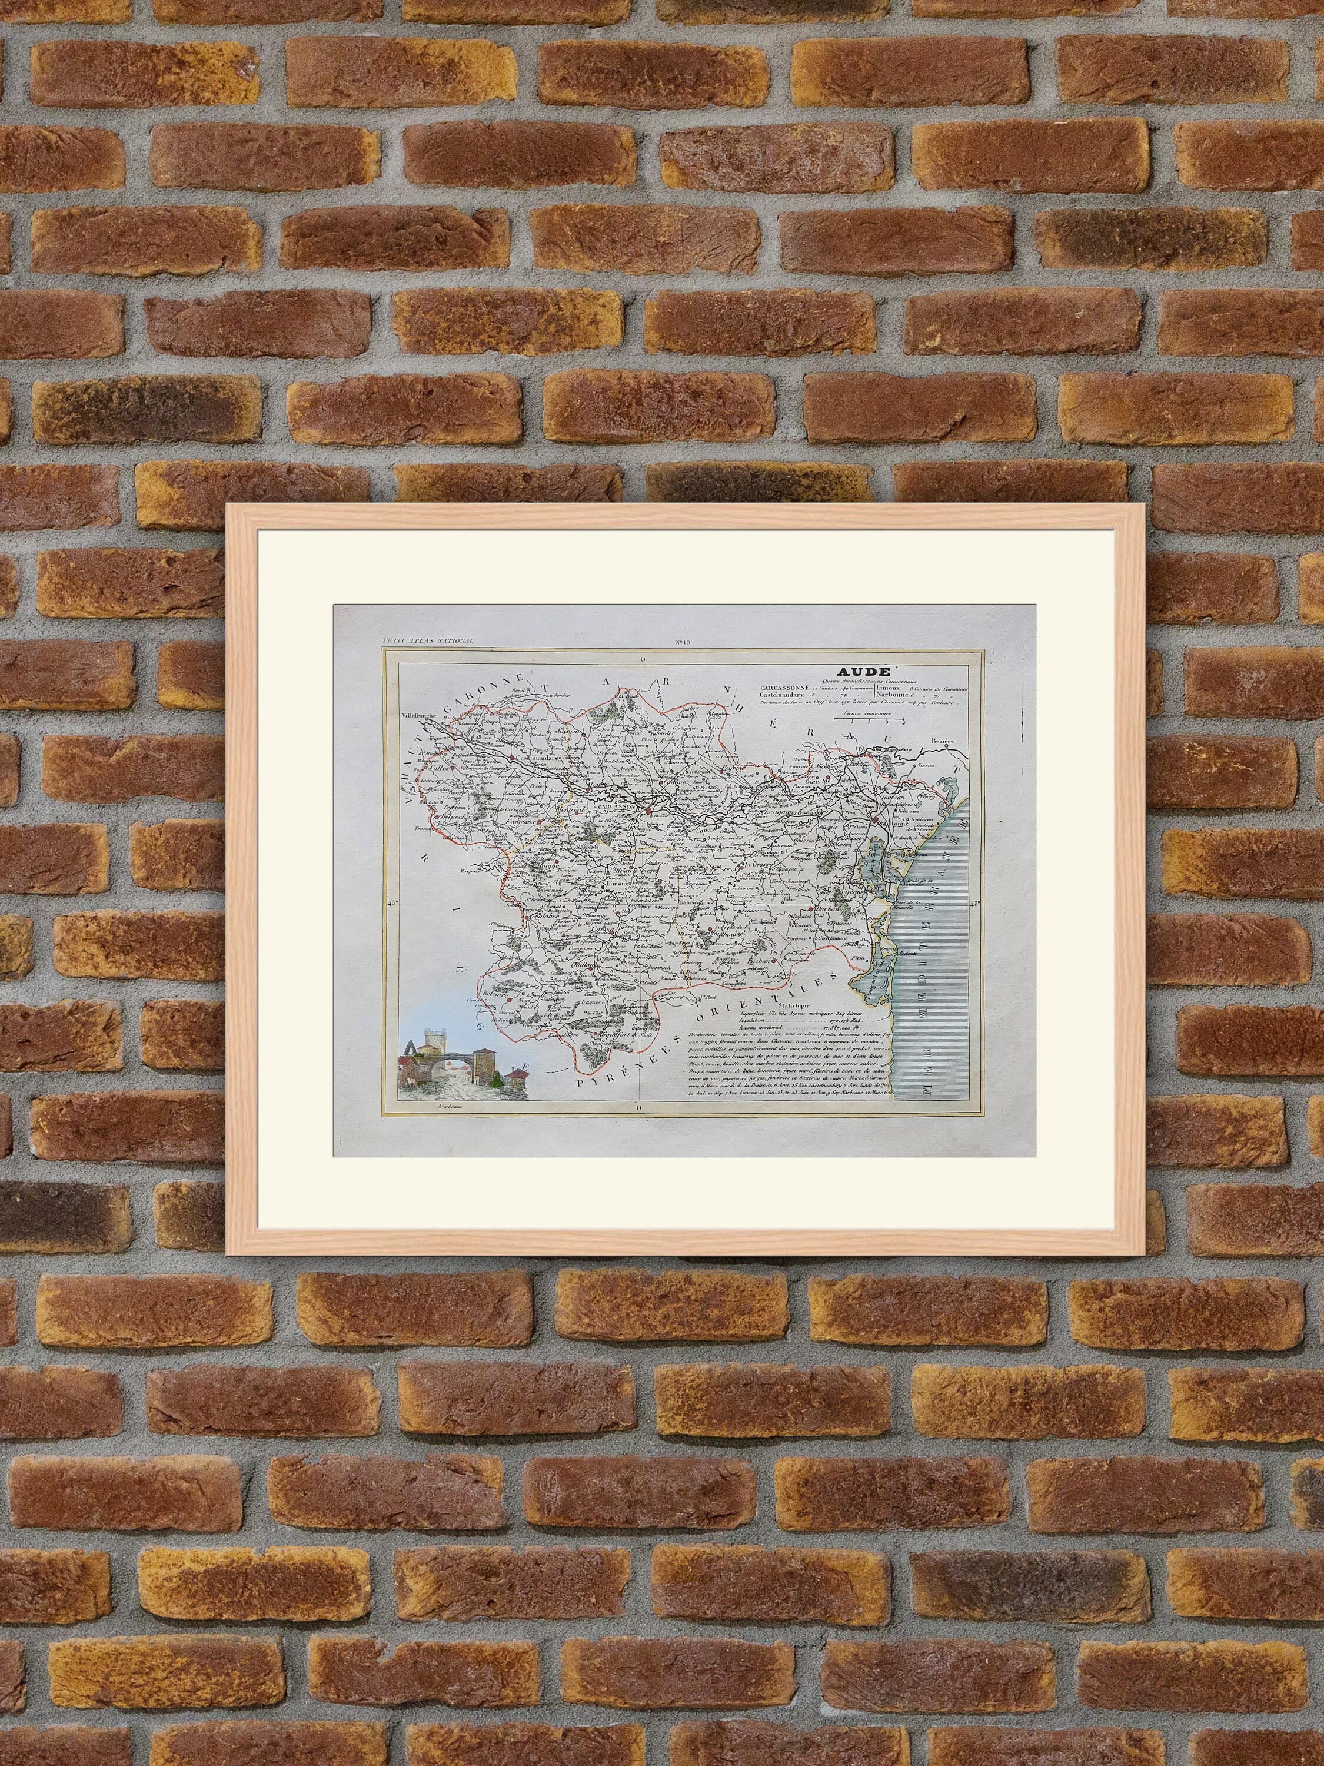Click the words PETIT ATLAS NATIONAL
click(x=428, y=641)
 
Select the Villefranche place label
click(x=421, y=716)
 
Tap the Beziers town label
click(x=943, y=742)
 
